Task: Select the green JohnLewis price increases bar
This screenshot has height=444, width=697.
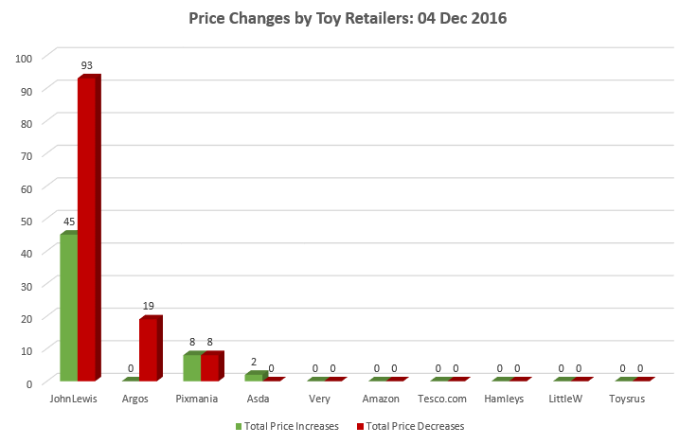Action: click(68, 307)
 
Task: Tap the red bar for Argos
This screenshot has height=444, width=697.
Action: click(149, 349)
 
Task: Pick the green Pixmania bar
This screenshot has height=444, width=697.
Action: click(192, 367)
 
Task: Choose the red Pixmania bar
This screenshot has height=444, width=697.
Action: click(210, 367)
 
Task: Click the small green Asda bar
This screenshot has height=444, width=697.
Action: click(253, 376)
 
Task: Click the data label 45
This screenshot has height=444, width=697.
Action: click(69, 222)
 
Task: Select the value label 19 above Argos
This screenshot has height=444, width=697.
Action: click(149, 307)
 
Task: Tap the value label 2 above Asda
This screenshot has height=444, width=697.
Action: click(254, 362)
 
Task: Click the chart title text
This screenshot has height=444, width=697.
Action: click(348, 19)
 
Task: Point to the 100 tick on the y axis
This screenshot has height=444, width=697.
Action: click(25, 58)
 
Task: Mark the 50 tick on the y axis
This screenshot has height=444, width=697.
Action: click(27, 220)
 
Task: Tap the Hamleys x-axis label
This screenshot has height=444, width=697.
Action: click(504, 400)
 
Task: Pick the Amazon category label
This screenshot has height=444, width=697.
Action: click(381, 400)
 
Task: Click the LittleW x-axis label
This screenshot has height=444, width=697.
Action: click(565, 400)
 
